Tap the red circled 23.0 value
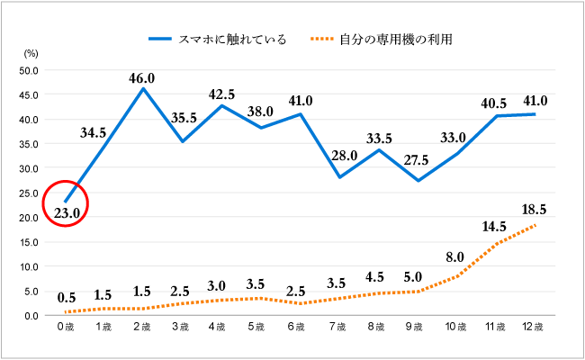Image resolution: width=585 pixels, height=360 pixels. point(67,211)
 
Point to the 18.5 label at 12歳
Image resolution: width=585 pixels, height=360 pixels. point(535,209)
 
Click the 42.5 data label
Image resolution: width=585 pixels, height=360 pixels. point(221,94)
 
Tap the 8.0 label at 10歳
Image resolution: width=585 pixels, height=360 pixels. point(454,256)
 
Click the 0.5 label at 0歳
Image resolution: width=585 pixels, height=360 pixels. point(67,299)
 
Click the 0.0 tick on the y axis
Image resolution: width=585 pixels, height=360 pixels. point(31,316)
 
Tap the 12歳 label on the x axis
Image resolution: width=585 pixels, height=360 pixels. point(534,326)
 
